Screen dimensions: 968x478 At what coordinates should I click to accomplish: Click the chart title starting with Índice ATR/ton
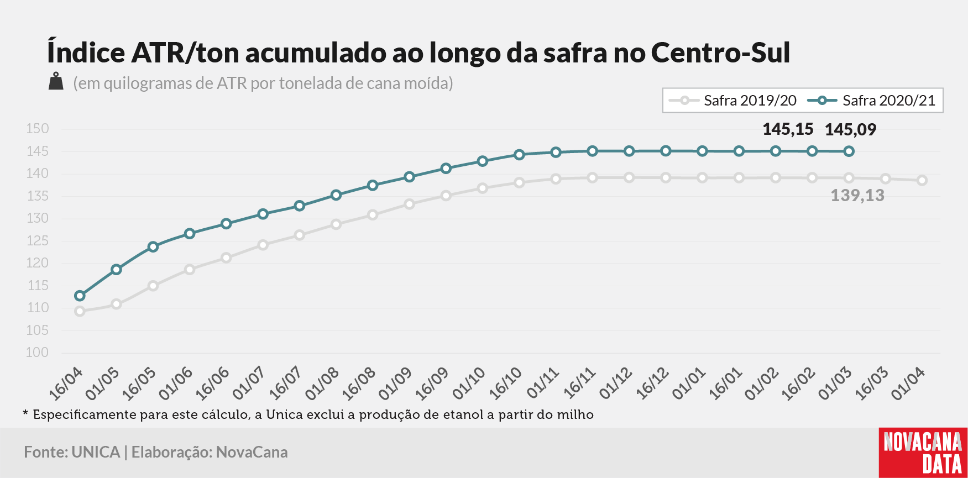click(418, 52)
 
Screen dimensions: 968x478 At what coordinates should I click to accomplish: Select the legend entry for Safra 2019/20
click(732, 101)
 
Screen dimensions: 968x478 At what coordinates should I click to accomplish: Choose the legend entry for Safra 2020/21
click(871, 101)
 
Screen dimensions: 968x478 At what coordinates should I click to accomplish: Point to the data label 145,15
click(788, 129)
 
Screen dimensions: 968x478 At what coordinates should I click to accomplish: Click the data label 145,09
click(850, 130)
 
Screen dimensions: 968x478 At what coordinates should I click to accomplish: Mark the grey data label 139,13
click(857, 196)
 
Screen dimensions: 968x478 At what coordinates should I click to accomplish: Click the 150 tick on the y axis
click(38, 129)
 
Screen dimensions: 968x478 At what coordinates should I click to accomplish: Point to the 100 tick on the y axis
click(38, 353)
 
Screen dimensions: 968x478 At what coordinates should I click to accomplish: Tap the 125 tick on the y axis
click(38, 241)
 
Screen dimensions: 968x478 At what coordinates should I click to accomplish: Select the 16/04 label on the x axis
click(66, 383)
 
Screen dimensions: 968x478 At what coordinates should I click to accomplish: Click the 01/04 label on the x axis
click(908, 383)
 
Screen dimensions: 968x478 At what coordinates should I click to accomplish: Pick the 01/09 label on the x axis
click(396, 383)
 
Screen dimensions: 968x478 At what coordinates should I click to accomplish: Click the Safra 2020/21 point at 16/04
click(80, 296)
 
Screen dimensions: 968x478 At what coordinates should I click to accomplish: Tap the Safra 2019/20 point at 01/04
click(922, 180)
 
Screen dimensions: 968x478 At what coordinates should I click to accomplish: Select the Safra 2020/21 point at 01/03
click(849, 151)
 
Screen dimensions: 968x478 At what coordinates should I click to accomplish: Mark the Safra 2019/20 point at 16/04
click(80, 311)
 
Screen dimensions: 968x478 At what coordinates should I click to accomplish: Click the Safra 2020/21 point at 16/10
click(519, 155)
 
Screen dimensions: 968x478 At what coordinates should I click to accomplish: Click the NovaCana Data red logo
click(923, 453)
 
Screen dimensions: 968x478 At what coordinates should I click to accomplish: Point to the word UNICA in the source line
click(96, 452)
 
